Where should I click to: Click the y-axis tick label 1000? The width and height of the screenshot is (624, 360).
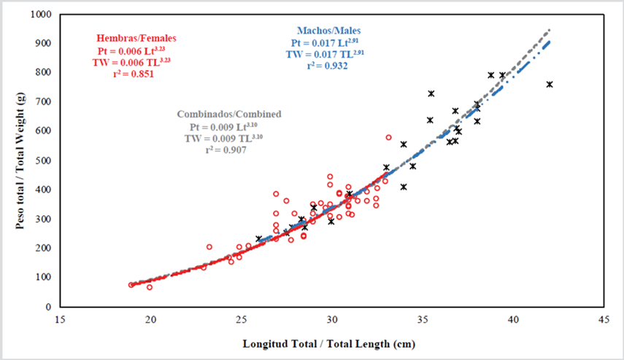40,15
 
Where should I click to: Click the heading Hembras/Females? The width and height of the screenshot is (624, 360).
136,38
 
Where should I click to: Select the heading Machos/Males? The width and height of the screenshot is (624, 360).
328,31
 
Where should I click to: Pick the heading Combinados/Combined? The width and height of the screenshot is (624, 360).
229,115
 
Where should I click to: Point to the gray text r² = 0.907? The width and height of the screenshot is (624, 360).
225,150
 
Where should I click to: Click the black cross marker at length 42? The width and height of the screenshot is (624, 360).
550,85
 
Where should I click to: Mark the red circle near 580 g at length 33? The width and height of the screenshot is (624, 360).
389,137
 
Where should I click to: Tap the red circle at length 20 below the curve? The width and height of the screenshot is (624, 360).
150,287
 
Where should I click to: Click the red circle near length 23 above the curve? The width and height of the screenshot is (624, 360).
209,247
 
